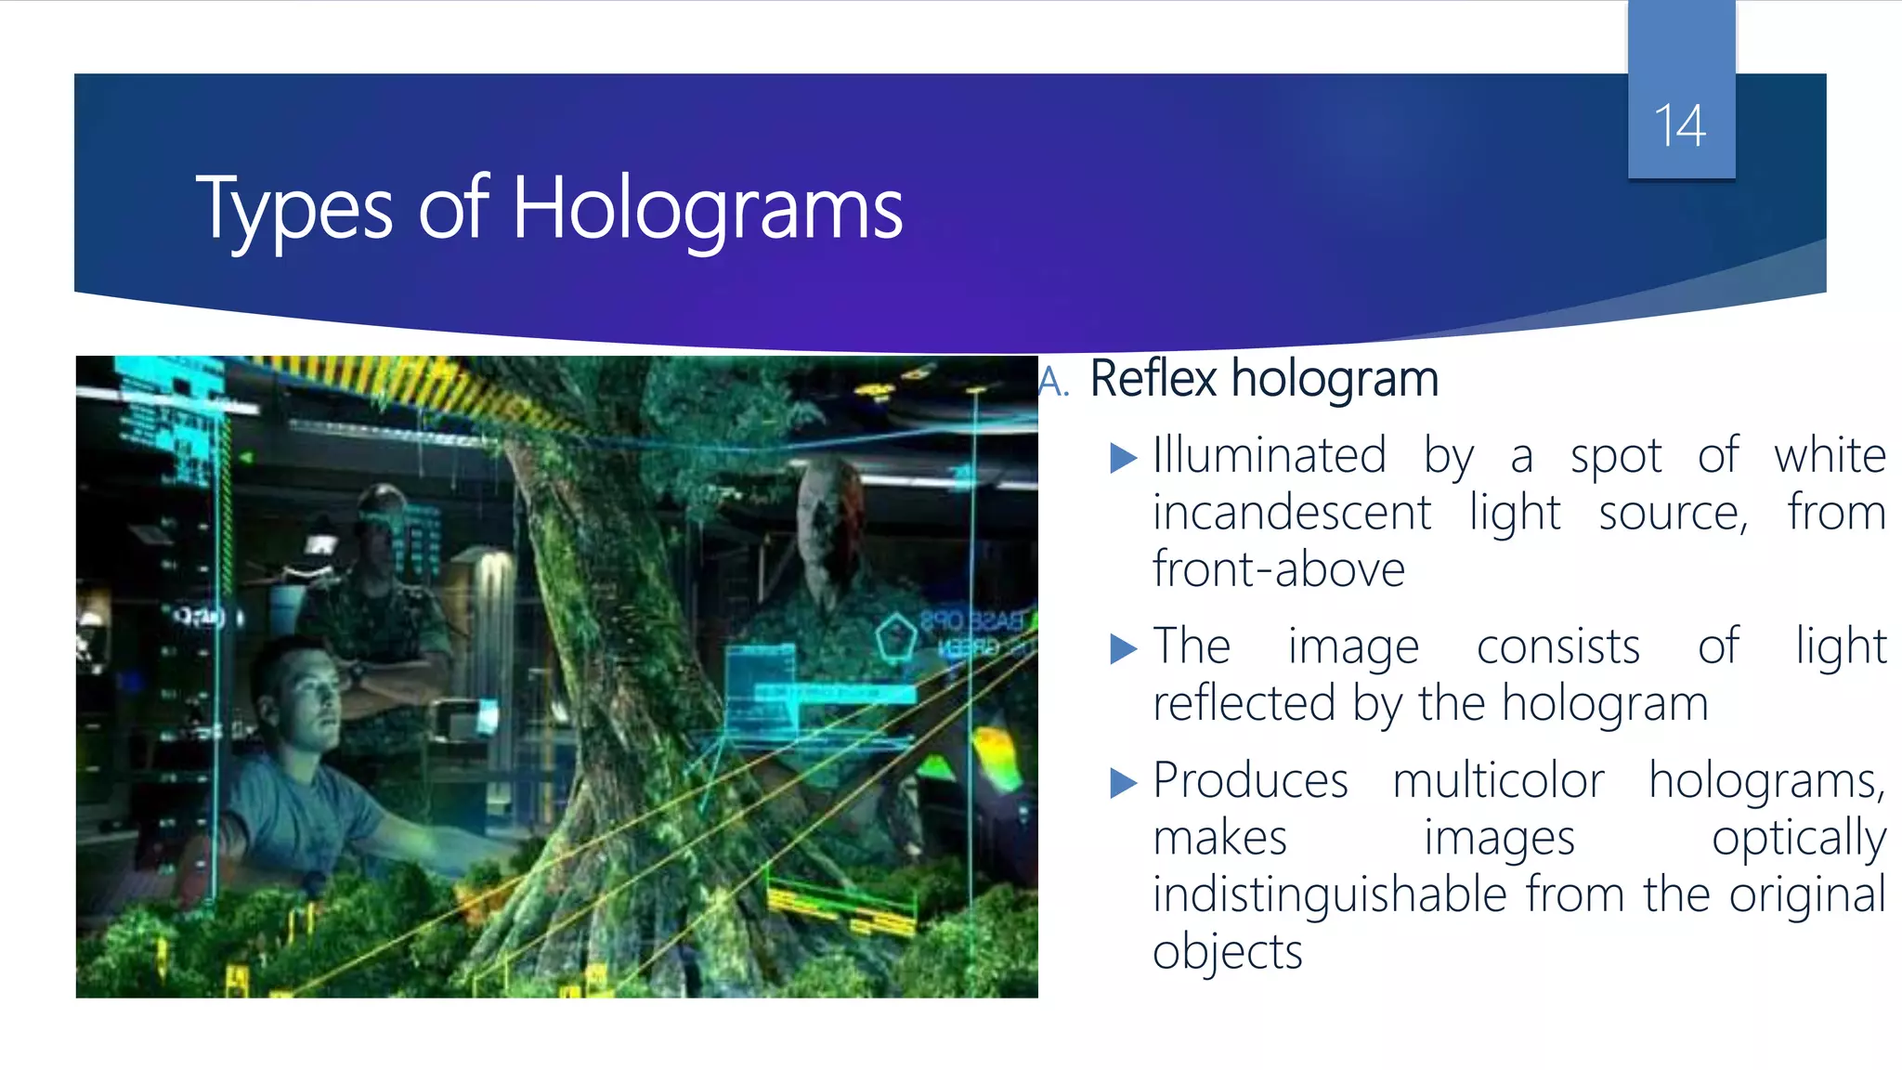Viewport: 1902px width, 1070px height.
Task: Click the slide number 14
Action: pos(1680,125)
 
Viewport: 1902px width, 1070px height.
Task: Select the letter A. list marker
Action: pos(1054,381)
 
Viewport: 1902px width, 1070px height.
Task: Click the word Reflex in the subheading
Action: pos(1153,379)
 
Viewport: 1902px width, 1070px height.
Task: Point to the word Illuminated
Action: pos(1269,456)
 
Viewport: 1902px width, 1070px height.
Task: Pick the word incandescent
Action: pos(1292,513)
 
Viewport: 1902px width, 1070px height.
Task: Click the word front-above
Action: pos(1278,569)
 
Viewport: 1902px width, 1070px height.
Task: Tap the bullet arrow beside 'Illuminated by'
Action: pos(1123,457)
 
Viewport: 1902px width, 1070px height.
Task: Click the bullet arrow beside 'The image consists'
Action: pos(1123,648)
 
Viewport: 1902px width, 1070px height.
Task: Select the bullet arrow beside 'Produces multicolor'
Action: pos(1123,783)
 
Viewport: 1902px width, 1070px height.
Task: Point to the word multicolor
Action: pos(1498,780)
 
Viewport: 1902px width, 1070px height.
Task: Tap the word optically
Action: pos(1798,839)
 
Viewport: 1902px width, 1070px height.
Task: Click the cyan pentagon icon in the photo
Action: pos(895,638)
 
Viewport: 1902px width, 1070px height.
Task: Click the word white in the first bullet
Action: pos(1829,456)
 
